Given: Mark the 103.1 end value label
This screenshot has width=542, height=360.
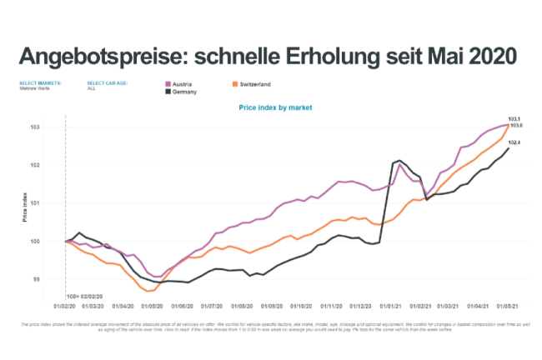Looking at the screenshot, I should (514, 119).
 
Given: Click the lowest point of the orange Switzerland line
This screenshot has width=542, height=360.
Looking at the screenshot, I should (149, 292).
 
